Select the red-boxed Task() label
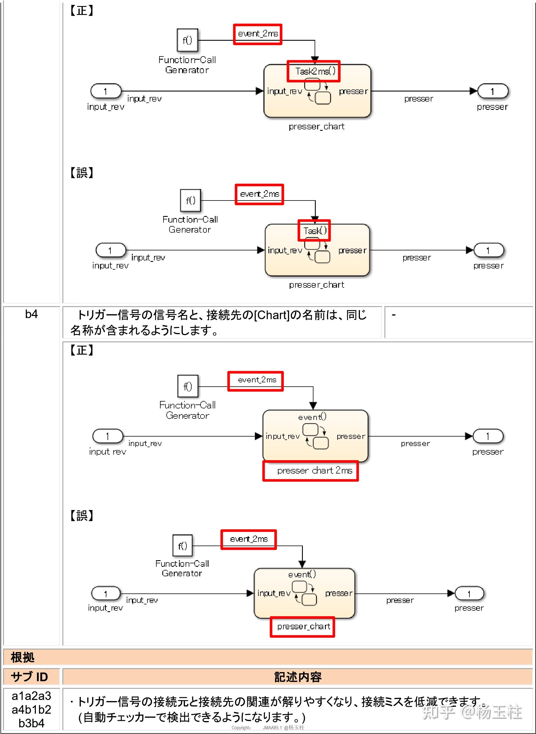(x=314, y=231)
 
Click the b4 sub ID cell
(x=32, y=314)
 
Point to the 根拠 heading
(x=22, y=657)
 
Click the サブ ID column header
(x=30, y=677)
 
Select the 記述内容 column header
(x=297, y=677)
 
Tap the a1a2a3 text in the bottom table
(x=32, y=696)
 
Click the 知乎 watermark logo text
(x=438, y=712)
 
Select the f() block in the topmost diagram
(x=187, y=40)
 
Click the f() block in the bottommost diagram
(x=182, y=546)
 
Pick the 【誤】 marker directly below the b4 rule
(x=82, y=516)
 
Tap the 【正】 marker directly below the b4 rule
(x=82, y=351)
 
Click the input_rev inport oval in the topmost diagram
(x=106, y=91)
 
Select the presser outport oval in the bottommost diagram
(x=469, y=594)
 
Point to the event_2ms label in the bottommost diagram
(x=249, y=539)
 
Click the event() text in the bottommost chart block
(x=302, y=574)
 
